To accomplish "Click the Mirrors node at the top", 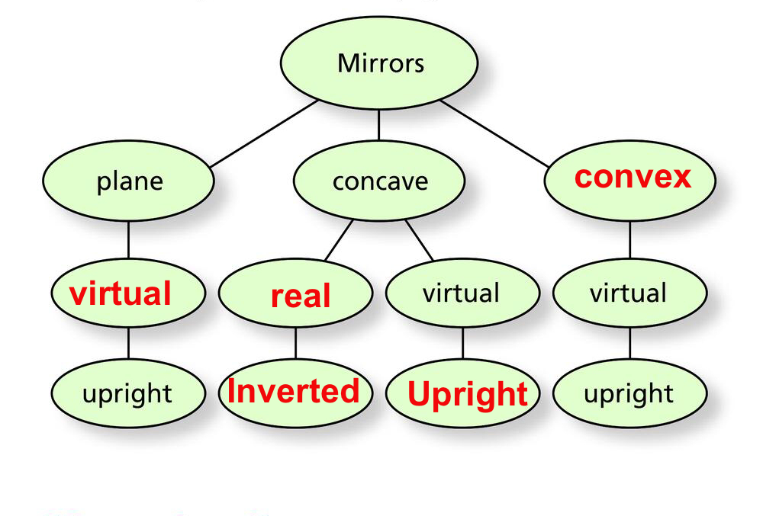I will [380, 63].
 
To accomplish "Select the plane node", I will [128, 181].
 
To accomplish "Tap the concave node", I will [379, 181].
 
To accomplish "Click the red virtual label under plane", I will [121, 293].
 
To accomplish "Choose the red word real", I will [300, 296].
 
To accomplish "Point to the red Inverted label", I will [294, 391].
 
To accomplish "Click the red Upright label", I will [467, 394].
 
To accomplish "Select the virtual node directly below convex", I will [629, 293].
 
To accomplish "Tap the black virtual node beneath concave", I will [462, 293].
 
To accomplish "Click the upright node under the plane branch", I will [127, 394].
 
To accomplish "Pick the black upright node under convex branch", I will [629, 394].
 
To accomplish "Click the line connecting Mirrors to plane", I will [263, 133].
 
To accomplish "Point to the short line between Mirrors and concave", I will [379, 125].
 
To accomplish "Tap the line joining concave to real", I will [340, 240].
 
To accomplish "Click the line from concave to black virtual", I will [419, 240].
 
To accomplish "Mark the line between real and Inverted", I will [295, 343].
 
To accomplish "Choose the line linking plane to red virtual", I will [127, 239].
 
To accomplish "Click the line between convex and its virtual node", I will [629, 239].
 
